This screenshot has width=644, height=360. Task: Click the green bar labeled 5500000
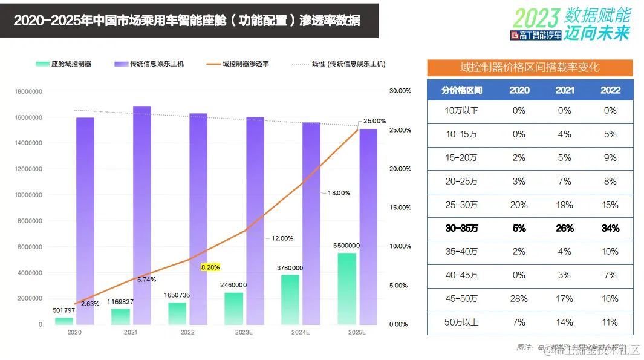tap(346, 288)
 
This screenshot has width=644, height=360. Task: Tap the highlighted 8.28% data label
tap(210, 267)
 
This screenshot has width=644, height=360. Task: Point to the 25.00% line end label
tap(374, 121)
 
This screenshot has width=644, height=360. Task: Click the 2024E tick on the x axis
tap(300, 333)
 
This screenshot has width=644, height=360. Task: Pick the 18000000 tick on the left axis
tap(28, 91)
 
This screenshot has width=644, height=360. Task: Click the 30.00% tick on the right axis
tap(400, 91)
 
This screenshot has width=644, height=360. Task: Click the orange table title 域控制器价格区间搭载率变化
tap(530, 68)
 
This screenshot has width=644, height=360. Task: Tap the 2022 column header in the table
tap(610, 90)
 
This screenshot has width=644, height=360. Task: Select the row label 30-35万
tap(462, 228)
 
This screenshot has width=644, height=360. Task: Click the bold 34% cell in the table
tap(610, 228)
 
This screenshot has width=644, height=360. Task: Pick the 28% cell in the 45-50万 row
tap(519, 299)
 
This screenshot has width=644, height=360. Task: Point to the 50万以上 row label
tap(462, 322)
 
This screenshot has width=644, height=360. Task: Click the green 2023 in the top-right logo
tap(536, 17)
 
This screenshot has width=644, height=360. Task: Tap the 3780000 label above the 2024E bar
tap(290, 268)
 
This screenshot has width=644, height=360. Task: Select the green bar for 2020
tap(64, 321)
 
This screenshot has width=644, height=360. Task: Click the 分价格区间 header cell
tap(462, 90)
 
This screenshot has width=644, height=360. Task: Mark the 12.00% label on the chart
tap(282, 238)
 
